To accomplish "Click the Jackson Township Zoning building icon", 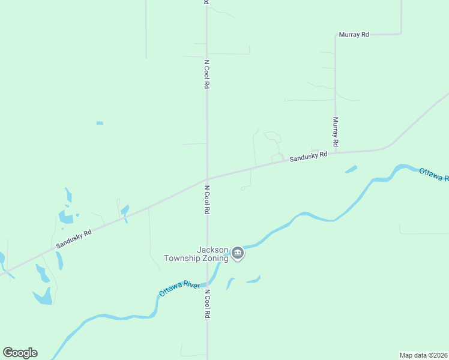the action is pyautogui.click(x=238, y=253).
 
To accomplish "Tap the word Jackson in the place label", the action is pyautogui.click(x=212, y=250).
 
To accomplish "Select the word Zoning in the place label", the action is pyautogui.click(x=214, y=259).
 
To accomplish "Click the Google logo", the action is pyautogui.click(x=20, y=353).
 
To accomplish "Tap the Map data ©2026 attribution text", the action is pyautogui.click(x=423, y=355).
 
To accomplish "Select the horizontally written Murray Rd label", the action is pyautogui.click(x=354, y=35).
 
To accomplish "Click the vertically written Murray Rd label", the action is pyautogui.click(x=336, y=131).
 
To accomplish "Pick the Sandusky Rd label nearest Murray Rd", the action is pyautogui.click(x=309, y=157).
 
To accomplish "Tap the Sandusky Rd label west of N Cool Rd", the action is pyautogui.click(x=74, y=238).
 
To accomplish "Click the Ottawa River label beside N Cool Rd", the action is pyautogui.click(x=179, y=288).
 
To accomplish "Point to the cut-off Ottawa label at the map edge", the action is pyautogui.click(x=433, y=175).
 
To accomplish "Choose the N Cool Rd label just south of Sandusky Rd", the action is pyautogui.click(x=207, y=200).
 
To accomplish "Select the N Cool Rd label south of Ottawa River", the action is pyautogui.click(x=207, y=304).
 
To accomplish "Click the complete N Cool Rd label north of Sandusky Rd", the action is pyautogui.click(x=207, y=74).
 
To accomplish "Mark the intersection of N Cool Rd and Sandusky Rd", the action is pyautogui.click(x=207, y=178).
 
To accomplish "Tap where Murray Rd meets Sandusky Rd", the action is pyautogui.click(x=336, y=152).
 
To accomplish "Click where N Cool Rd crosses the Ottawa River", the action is pyautogui.click(x=207, y=283).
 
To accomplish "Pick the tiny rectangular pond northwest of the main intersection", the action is pyautogui.click(x=100, y=123).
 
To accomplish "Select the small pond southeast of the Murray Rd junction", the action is pyautogui.click(x=351, y=170).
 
